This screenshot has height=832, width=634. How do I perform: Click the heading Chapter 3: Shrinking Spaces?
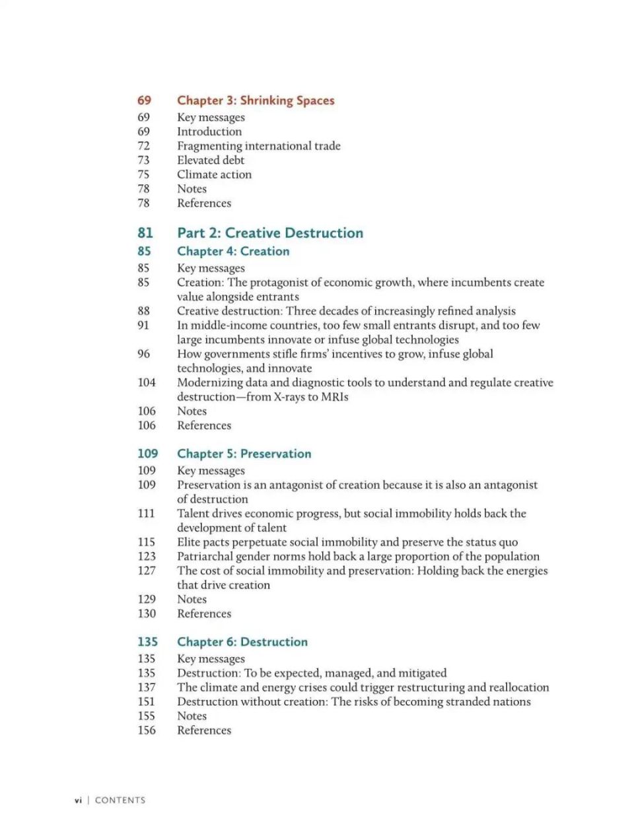coord(256,100)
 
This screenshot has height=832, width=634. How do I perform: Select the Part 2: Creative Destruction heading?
coord(269,233)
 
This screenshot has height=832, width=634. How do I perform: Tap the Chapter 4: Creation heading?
coord(233,252)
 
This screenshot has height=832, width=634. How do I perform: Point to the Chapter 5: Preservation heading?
coord(244,454)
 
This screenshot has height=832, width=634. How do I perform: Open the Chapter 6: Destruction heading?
coord(242,642)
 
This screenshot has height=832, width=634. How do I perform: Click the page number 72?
coord(144,146)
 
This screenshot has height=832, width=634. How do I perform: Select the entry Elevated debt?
coord(211,160)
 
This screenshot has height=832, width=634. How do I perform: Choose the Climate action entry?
coord(214,175)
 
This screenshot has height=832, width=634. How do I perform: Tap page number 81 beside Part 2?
coord(145,233)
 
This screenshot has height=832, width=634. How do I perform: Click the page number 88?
coord(144,311)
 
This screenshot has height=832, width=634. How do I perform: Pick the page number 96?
coord(144,354)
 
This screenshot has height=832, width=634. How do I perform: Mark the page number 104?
coord(147,382)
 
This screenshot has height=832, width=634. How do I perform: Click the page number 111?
coord(146,514)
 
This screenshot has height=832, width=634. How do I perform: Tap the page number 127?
coord(147,571)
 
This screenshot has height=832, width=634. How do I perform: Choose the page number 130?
coord(147,613)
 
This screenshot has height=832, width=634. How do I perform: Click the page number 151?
coord(147,702)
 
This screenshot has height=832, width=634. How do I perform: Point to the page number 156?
coord(147,730)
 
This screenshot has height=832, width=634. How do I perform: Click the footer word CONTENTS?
coord(120,800)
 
